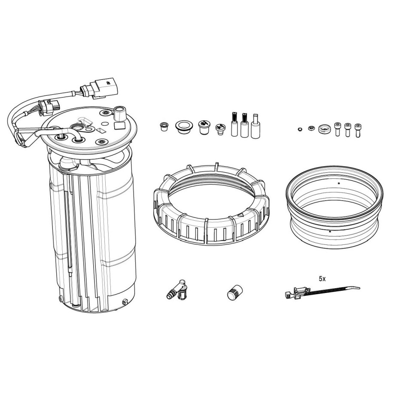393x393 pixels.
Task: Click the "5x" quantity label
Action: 322,278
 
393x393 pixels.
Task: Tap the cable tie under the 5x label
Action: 323,292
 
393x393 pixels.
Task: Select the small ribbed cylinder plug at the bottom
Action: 235,292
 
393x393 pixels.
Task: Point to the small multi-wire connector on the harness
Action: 49,107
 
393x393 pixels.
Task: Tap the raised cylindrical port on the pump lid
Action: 119,113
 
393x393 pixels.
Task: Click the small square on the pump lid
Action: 119,125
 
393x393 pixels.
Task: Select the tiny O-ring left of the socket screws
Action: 300,129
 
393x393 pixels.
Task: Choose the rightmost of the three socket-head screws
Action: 357,130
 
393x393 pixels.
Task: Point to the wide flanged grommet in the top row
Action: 184,127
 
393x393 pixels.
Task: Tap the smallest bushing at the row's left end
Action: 164,126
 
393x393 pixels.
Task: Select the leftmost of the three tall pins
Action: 235,124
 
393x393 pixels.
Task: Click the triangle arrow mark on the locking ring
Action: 241,215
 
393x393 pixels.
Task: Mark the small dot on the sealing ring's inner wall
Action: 339,183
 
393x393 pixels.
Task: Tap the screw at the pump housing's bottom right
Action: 125,302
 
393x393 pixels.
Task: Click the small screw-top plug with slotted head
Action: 220,129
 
